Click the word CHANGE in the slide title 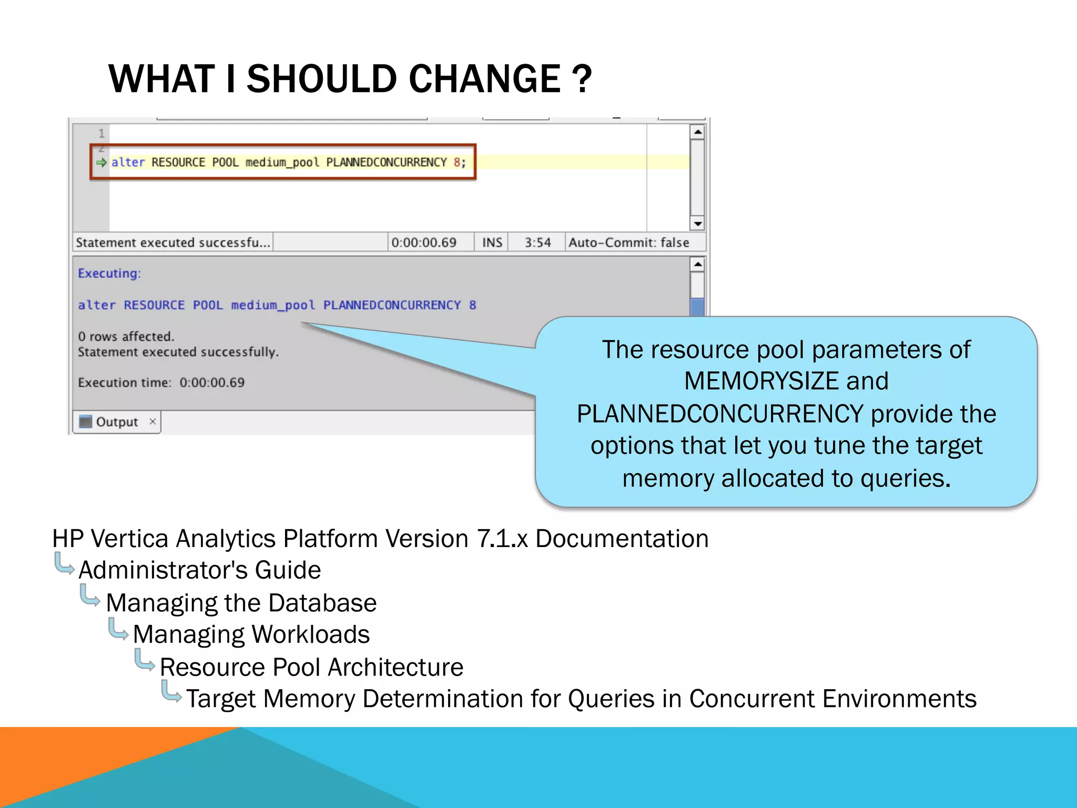[484, 79]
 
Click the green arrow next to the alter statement [101, 163]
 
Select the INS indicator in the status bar [492, 243]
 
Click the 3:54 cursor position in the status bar [537, 243]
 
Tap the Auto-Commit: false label [628, 243]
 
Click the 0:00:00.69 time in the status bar [424, 243]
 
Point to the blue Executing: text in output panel [109, 274]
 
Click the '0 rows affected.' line [126, 337]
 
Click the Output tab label [116, 422]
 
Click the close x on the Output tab [153, 421]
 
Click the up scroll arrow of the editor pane [697, 132]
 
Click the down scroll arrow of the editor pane [697, 224]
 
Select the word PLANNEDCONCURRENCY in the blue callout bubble [720, 414]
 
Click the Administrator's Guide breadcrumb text [200, 570]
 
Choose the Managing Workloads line [251, 634]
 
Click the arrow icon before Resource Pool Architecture [144, 660]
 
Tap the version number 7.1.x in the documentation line [502, 539]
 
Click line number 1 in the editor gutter [101, 133]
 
